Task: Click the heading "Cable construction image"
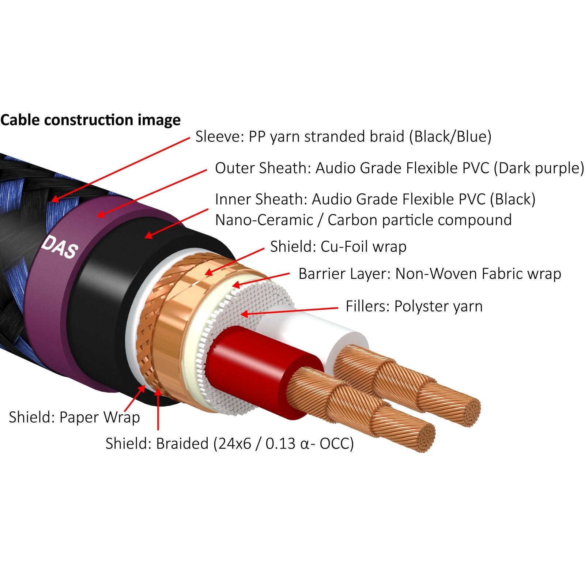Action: click(90, 120)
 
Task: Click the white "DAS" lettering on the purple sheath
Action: click(60, 248)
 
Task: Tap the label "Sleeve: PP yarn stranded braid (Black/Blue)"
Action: click(343, 136)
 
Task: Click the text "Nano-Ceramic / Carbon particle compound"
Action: click(363, 220)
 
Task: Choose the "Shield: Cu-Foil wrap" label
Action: click(338, 247)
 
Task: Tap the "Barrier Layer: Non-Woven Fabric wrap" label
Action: click(429, 273)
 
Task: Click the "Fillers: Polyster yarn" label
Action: click(414, 306)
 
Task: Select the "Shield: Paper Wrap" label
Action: click(74, 417)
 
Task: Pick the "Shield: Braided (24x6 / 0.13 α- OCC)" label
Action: click(229, 444)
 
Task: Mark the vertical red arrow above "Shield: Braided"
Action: click(158, 409)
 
